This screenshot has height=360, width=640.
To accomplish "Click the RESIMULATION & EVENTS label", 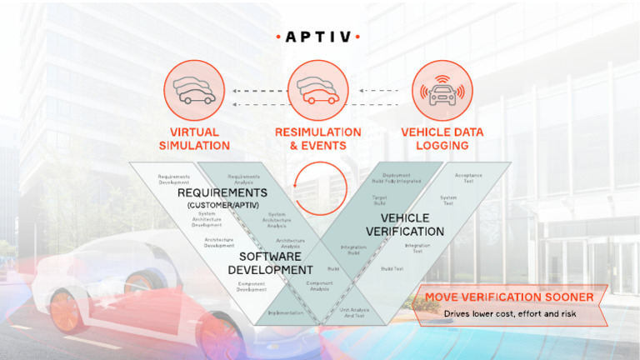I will (318, 138).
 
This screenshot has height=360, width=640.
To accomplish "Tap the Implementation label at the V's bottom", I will (285, 313).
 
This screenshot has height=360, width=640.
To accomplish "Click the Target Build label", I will (379, 201).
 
